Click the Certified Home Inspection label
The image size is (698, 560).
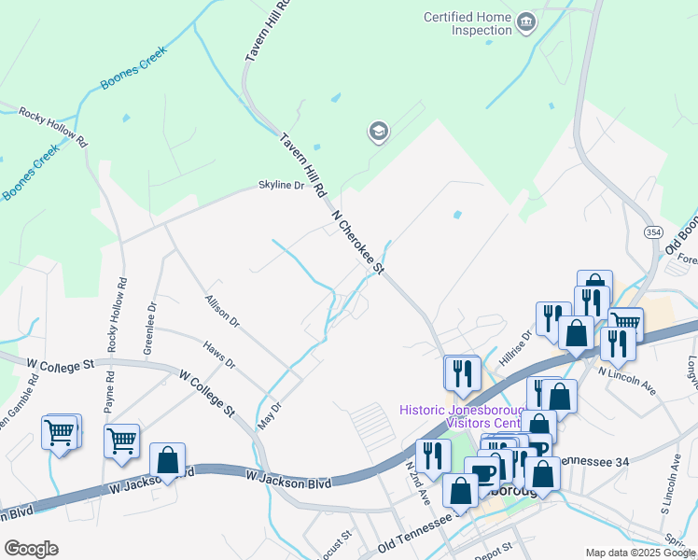pos(468,23)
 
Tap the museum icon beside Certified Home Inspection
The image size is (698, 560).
pos(526,21)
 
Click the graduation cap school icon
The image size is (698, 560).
pos(378,132)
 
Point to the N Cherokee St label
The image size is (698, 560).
pos(359,242)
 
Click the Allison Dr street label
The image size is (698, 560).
pos(222,312)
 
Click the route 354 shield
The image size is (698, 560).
pos(652,231)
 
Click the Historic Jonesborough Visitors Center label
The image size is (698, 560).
pos(459,416)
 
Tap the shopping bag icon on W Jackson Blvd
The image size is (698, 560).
pos(167,461)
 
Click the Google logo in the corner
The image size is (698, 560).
pos(31,549)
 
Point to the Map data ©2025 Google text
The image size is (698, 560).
pos(639,553)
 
